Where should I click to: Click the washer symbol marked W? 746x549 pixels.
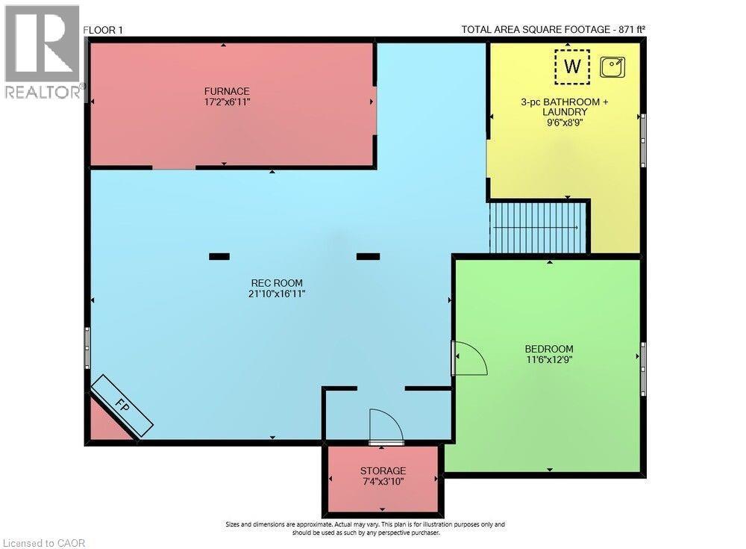(x=572, y=66)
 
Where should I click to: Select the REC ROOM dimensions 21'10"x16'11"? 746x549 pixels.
(x=277, y=294)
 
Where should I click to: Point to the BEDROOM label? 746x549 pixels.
(x=549, y=349)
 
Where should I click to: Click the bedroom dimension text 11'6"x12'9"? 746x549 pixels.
(x=549, y=359)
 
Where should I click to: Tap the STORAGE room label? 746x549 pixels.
(x=383, y=471)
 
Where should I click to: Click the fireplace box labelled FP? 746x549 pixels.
(x=122, y=405)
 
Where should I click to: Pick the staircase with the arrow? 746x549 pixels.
(x=537, y=227)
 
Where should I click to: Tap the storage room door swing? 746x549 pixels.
(x=386, y=427)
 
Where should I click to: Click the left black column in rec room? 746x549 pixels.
(x=219, y=256)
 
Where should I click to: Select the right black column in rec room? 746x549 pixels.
(x=368, y=256)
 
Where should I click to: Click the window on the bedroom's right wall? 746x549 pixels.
(x=643, y=369)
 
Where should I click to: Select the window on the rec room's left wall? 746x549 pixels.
(x=88, y=347)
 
